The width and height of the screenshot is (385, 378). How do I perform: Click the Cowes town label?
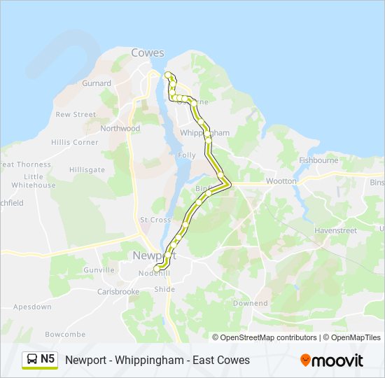(147, 53)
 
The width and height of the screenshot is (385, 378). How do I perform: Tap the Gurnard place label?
(97, 83)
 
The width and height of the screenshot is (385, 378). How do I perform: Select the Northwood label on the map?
(120, 129)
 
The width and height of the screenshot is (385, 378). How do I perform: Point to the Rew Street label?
(76, 114)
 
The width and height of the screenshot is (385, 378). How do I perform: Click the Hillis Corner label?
(75, 142)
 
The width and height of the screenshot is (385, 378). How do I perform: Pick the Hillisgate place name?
(87, 170)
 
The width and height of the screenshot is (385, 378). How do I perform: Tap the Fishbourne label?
(318, 160)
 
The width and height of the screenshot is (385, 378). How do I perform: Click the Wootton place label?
(281, 181)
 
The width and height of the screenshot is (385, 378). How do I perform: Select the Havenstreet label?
(335, 230)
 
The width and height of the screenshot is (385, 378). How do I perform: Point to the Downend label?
(250, 304)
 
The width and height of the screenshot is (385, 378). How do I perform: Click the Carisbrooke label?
(118, 292)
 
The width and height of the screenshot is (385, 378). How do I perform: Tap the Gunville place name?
(99, 270)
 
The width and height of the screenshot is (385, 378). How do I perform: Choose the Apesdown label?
(32, 307)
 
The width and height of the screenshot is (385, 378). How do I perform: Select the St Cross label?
(155, 220)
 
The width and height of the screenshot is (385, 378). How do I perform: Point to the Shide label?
(164, 289)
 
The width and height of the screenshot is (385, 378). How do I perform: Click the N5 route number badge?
(40, 360)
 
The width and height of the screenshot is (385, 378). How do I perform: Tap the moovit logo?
(332, 360)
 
